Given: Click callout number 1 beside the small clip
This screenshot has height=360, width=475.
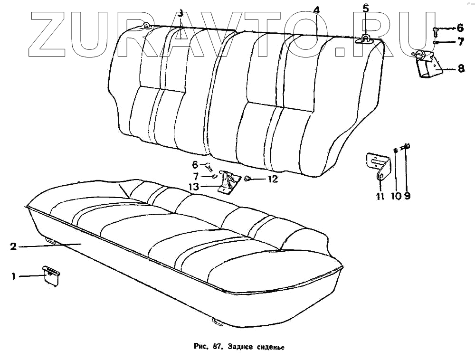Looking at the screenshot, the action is click(14, 276).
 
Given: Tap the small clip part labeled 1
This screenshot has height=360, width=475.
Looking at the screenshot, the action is click(51, 275).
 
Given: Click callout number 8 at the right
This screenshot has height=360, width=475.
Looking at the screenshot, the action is click(461, 69).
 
